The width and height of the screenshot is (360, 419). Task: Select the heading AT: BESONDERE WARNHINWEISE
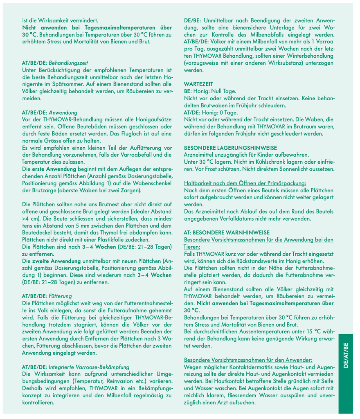coord(224,232)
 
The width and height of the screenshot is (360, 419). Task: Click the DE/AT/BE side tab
coord(346,356)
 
